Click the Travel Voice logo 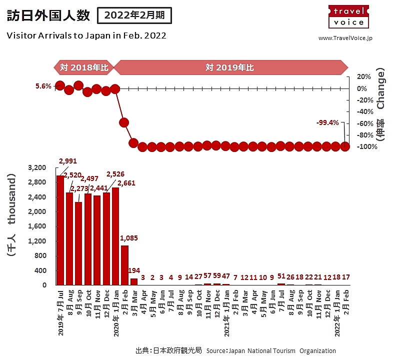(x=348, y=16)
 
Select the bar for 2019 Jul (x=60, y=230)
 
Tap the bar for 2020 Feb (x=124, y=265)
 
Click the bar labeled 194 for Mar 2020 (x=134, y=281)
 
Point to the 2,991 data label (x=68, y=161)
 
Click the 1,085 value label (x=129, y=238)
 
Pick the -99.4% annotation (x=327, y=122)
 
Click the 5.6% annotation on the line (x=43, y=86)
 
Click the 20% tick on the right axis (x=363, y=76)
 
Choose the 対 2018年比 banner (x=83, y=67)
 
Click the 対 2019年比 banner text (x=229, y=67)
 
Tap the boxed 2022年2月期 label (x=134, y=15)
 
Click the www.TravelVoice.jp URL (x=345, y=38)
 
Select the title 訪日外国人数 (x=48, y=16)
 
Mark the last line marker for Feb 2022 (x=345, y=146)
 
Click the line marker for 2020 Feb (x=124, y=122)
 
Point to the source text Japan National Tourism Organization (x=270, y=350)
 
